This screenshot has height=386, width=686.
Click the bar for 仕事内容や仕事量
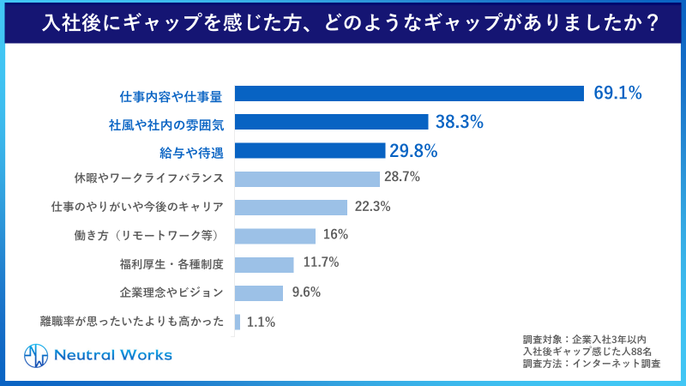pos(409,93)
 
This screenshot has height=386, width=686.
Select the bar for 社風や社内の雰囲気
pos(331,122)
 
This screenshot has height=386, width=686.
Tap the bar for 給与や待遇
pos(310,151)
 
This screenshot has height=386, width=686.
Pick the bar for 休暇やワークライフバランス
pos(307,178)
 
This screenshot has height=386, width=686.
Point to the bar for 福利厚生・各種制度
pos(264,264)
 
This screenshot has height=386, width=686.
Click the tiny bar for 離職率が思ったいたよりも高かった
pos(238,322)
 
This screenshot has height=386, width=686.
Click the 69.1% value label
pos(617,93)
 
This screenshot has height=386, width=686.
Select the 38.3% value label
pos(460,122)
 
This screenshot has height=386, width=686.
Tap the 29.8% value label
pos(413,151)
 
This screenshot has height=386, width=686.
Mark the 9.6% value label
pos(305,293)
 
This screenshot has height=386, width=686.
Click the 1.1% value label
pos(260,322)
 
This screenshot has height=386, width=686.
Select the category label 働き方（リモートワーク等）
pos(149,235)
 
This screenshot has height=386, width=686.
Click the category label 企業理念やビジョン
pos(171,293)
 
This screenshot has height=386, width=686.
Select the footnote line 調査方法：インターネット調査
pos(591,364)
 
